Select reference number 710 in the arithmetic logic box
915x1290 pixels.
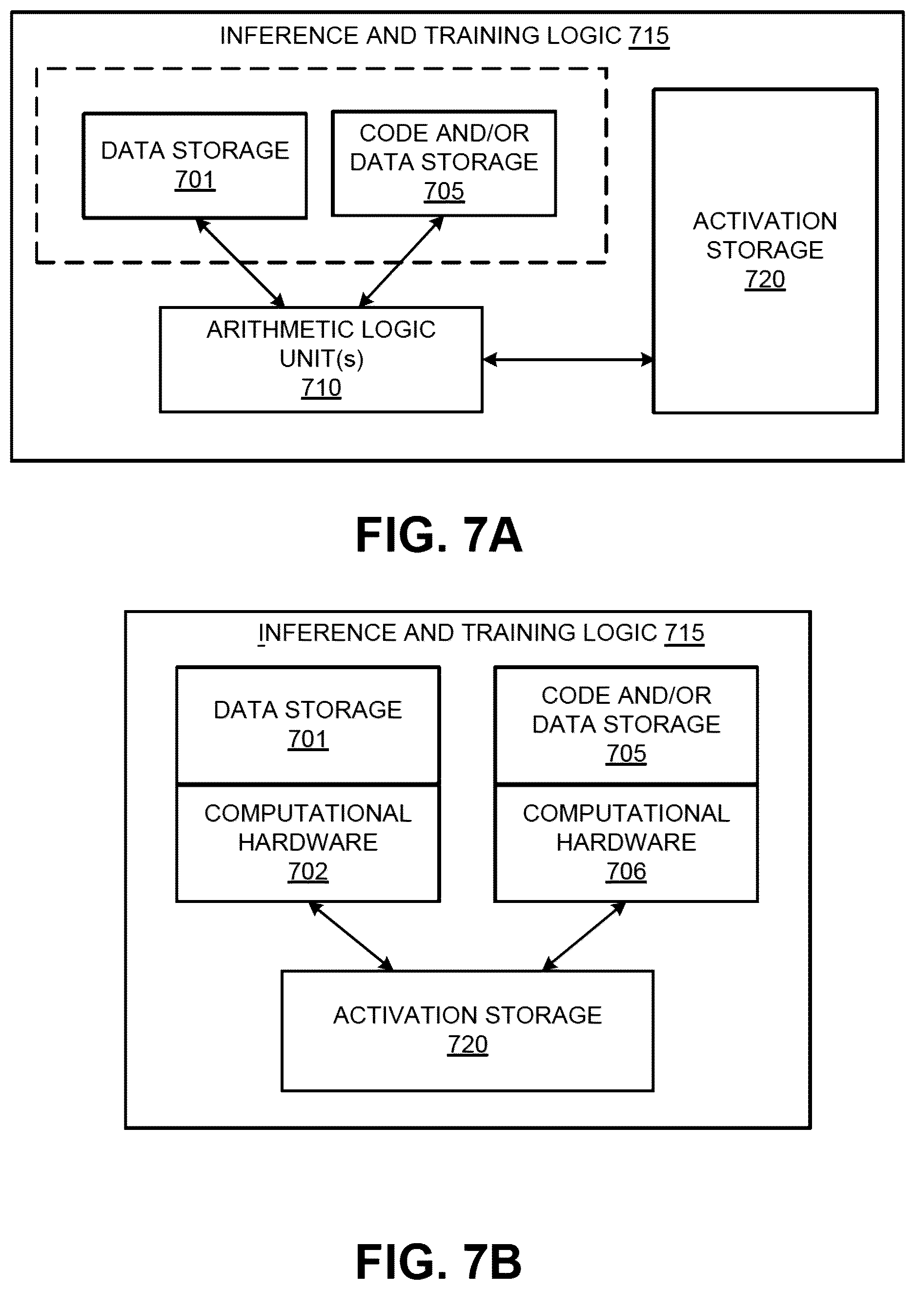[x=321, y=388]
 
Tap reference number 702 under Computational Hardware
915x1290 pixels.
[x=307, y=871]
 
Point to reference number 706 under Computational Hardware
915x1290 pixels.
[x=626, y=871]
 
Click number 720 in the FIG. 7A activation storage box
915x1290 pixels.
[x=765, y=280]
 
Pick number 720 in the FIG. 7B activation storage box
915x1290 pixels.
[x=468, y=1044]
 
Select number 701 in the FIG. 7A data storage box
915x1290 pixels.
[x=195, y=180]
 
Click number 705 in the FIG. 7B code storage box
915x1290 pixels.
[x=626, y=754]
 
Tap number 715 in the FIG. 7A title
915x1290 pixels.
[x=649, y=36]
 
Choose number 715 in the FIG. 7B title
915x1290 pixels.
[x=685, y=633]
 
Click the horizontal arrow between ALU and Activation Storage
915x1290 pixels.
[x=568, y=360]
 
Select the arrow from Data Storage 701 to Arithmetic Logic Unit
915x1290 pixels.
[x=240, y=263]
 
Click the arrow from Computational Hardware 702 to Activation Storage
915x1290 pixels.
[x=351, y=936]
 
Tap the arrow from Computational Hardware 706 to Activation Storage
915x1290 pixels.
[x=584, y=936]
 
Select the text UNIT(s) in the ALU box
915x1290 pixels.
[x=322, y=358]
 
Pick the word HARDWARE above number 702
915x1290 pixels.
[x=307, y=842]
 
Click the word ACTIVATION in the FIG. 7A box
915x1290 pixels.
[x=765, y=222]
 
